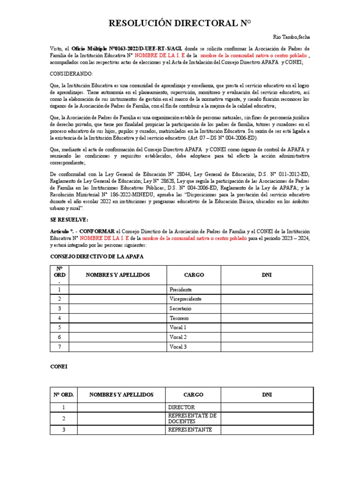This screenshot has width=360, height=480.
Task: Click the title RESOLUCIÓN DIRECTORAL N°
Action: coord(180,24)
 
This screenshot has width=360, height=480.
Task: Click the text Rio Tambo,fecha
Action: coord(291,37)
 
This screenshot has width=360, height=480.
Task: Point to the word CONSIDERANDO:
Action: coord(72,74)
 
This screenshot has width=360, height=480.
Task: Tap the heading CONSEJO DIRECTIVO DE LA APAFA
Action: coord(97,257)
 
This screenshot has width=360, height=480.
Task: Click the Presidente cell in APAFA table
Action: coord(180,290)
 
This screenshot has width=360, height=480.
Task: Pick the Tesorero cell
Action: coord(180,318)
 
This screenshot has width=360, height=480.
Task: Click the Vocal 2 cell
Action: coord(178,337)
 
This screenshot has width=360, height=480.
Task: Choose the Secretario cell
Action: coord(180,308)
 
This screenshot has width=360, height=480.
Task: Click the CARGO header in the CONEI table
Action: coord(193,395)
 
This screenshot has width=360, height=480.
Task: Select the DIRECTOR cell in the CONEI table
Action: coord(181,407)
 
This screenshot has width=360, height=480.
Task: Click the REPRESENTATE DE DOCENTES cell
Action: coord(192,419)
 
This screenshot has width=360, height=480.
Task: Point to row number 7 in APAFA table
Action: coord(60,346)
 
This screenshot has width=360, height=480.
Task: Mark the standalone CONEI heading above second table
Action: coord(59,367)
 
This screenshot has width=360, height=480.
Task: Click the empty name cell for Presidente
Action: coord(118,290)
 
